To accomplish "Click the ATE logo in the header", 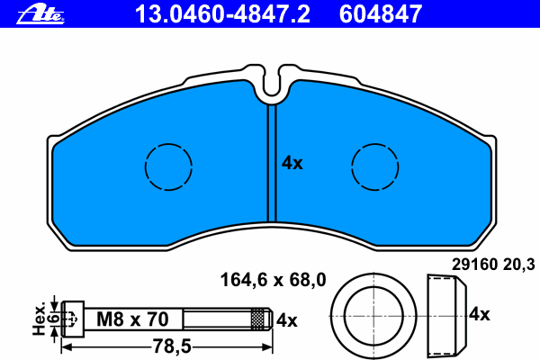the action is [x=40, y=13].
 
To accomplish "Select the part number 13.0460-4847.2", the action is [x=222, y=13].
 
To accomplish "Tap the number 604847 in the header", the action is [x=380, y=13].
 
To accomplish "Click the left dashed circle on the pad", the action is [x=168, y=144].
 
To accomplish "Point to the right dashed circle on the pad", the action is [x=375, y=144].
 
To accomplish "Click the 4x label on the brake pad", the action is [x=292, y=163].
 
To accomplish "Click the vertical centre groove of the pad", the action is [x=272, y=163].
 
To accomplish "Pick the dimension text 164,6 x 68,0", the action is [x=273, y=280].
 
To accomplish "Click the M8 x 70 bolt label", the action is [x=132, y=319].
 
